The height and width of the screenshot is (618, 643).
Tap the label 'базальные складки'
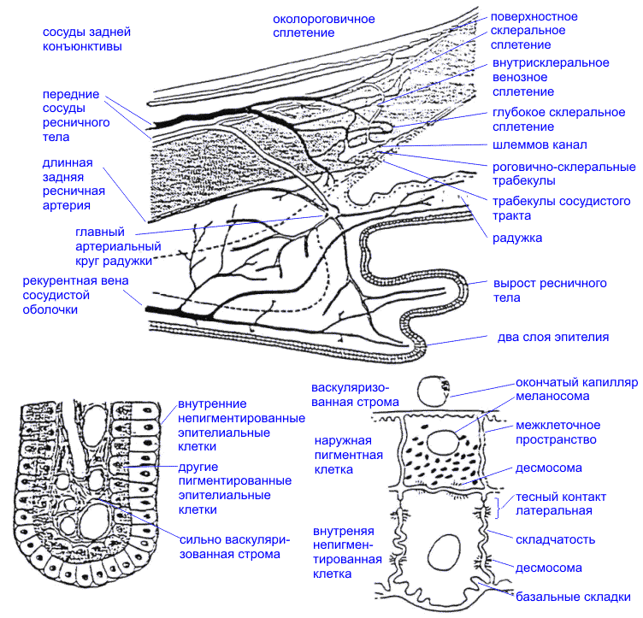point(574,596)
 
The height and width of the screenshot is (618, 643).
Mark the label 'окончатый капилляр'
point(575,381)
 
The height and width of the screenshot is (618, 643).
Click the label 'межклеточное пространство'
point(557,433)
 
